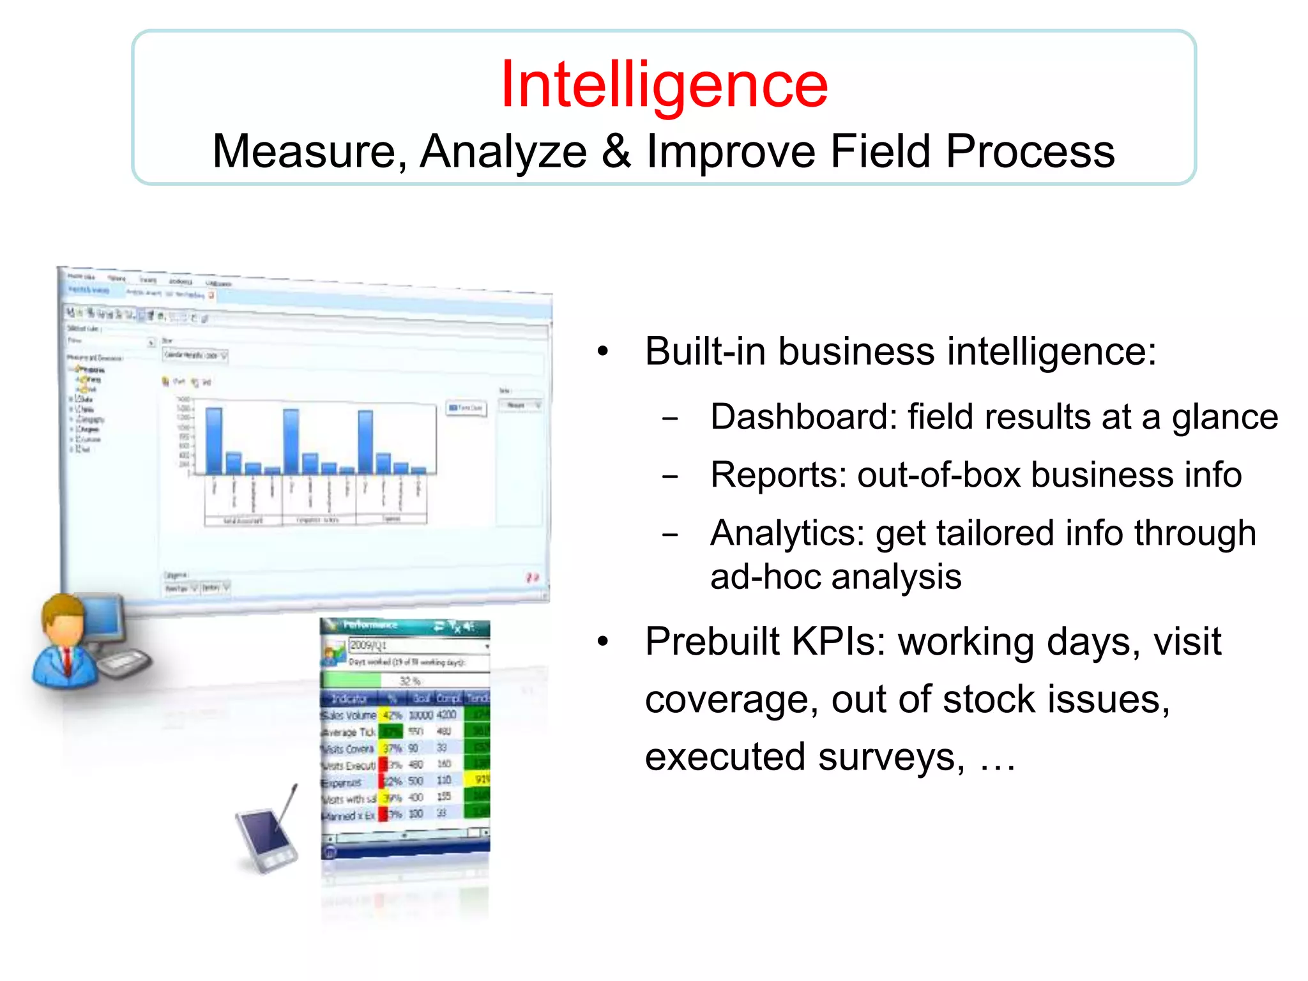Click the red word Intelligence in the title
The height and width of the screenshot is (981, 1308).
664,84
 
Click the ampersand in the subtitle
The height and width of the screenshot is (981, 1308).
616,151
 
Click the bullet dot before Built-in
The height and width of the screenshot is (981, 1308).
603,352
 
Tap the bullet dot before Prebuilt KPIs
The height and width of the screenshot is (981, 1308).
603,642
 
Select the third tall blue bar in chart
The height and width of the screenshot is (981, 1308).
365,441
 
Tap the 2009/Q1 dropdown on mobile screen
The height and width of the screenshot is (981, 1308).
418,645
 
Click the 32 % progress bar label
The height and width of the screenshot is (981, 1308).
409,681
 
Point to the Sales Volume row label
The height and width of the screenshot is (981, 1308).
349,715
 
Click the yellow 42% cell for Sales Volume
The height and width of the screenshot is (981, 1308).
391,715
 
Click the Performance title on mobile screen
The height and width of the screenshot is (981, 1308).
370,625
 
